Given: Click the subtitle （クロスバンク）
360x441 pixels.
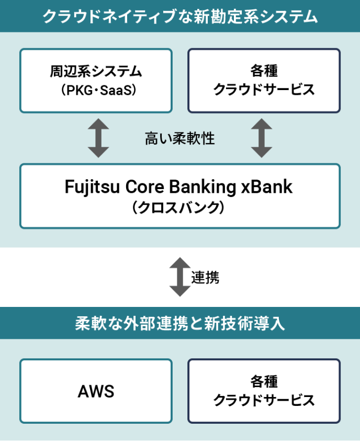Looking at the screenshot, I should [x=179, y=207].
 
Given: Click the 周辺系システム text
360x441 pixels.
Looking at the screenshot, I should [x=96, y=71].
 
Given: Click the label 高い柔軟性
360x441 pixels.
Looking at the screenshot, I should [x=179, y=139].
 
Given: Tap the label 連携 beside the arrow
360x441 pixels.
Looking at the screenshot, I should [x=205, y=278].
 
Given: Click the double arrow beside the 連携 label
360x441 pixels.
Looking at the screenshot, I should [x=179, y=277].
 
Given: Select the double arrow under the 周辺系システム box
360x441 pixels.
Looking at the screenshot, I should [x=98, y=138].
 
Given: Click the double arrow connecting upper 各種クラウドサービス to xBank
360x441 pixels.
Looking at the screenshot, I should [x=262, y=138].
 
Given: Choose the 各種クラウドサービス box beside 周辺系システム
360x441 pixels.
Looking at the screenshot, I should [x=264, y=81].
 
